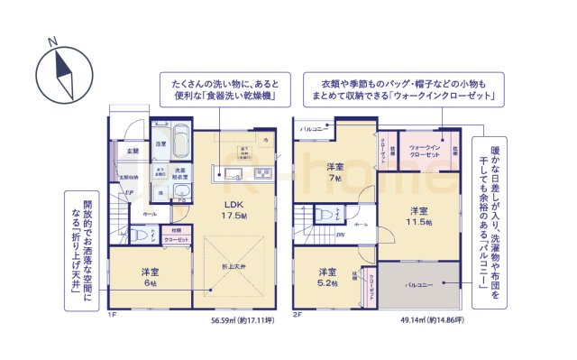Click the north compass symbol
(64, 70)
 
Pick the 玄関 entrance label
(133, 151)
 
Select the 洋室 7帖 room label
(335, 172)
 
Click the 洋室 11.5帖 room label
(417, 217)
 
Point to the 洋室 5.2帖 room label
(326, 277)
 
